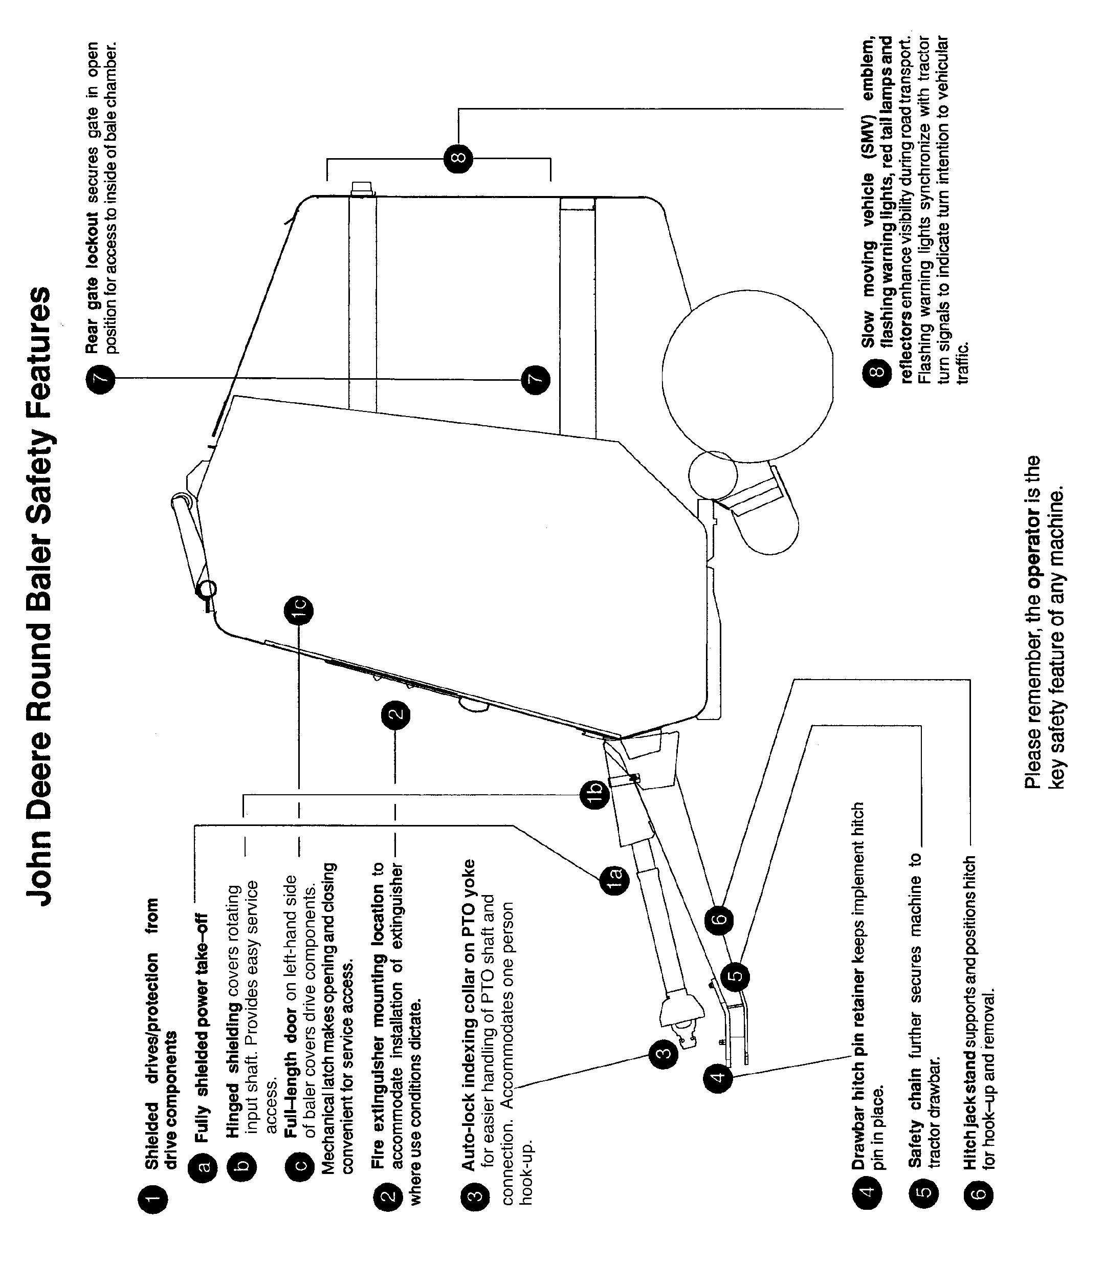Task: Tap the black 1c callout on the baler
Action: tap(298, 611)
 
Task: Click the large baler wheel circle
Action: tap(747, 377)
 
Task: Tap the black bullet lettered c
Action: tap(298, 1165)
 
